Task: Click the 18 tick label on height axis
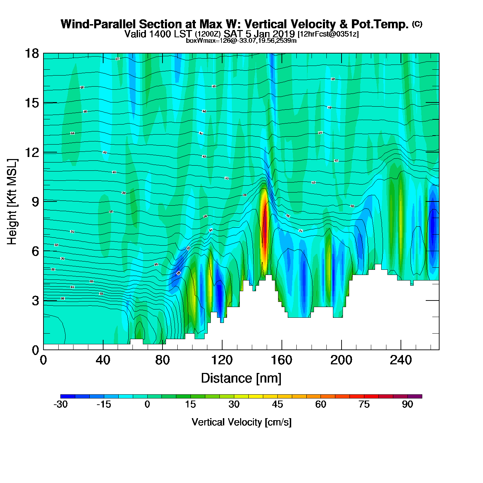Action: [31, 53]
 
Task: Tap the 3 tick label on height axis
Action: [36, 300]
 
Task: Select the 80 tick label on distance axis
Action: [162, 360]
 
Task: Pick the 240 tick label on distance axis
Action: [401, 360]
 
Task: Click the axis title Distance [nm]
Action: [241, 378]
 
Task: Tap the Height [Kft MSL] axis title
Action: [12, 202]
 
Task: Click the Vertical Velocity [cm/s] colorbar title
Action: [241, 422]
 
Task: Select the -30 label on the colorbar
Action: [60, 404]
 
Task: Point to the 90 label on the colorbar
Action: [407, 404]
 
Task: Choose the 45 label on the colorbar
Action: [277, 404]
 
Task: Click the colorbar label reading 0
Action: [147, 404]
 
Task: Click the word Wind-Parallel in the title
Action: [98, 24]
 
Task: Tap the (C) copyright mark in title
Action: [417, 24]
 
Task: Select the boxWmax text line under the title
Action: [241, 40]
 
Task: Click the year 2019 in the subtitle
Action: [284, 34]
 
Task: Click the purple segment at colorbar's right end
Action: [415, 396]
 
